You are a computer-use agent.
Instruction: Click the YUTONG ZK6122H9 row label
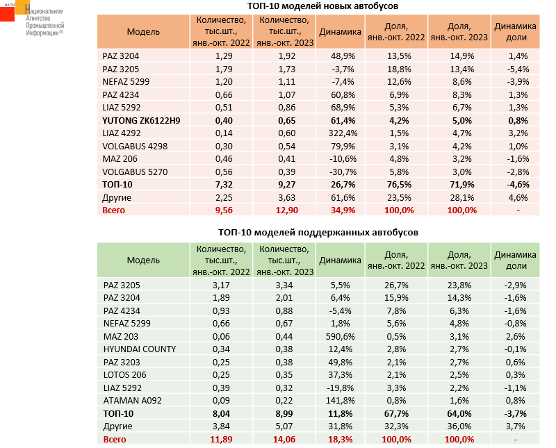click(141, 119)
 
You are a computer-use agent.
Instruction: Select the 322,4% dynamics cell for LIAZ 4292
click(338, 132)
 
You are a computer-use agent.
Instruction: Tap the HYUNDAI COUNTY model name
click(139, 349)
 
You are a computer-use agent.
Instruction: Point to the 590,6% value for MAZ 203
click(338, 336)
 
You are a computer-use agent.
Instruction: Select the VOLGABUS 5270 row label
click(135, 171)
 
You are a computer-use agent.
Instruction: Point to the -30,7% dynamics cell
click(338, 171)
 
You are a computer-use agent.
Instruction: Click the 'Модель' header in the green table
click(143, 260)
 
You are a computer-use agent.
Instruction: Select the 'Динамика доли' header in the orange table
click(516, 31)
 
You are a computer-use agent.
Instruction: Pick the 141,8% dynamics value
click(338, 400)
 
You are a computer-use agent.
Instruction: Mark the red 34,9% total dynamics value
click(338, 210)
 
